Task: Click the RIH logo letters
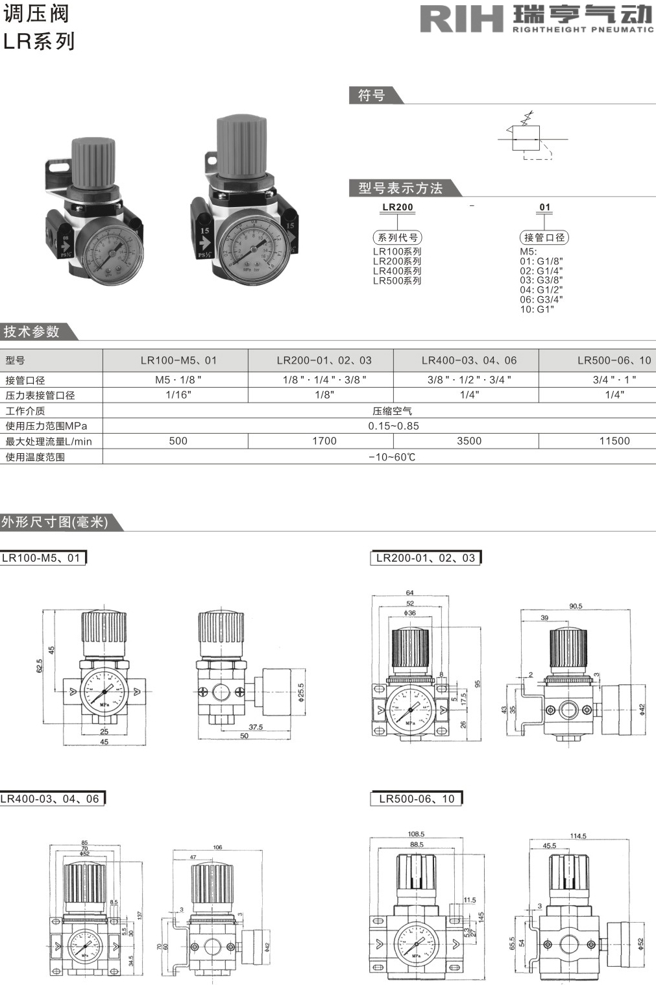point(461,18)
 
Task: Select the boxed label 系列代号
point(398,238)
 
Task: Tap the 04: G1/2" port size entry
point(541,290)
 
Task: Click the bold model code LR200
point(398,207)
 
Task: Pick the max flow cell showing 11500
point(614,441)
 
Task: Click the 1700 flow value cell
point(324,441)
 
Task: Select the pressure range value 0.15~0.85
point(393,426)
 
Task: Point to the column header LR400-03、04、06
point(468,360)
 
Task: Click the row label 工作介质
point(25,411)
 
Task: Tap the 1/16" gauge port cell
point(178,395)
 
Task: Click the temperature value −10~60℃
point(392,457)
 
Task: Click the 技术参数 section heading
point(32,332)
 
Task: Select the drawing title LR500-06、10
point(417,799)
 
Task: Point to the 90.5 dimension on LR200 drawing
point(576,606)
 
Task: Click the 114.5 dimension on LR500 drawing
point(577,836)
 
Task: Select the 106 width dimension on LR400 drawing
point(217,847)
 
